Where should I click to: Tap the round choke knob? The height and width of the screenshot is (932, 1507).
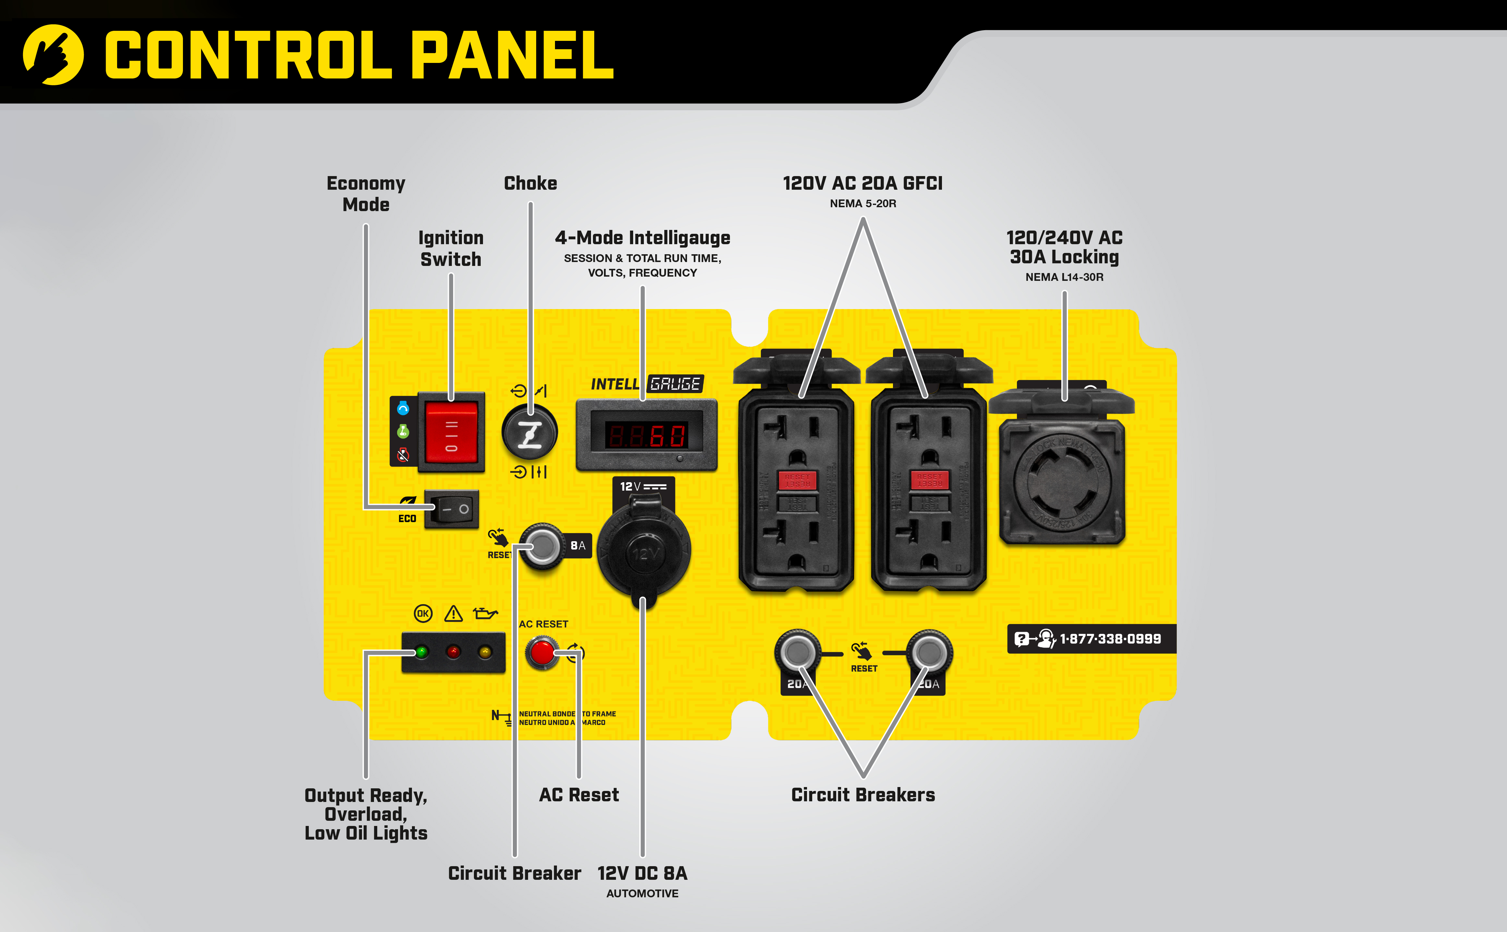click(x=529, y=432)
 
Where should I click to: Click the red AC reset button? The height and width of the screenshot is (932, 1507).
click(x=542, y=653)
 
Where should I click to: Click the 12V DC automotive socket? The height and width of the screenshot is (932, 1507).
click(x=644, y=550)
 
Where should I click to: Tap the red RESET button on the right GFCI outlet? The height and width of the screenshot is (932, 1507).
click(x=930, y=480)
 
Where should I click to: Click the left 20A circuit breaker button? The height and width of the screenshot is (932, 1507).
click(x=798, y=652)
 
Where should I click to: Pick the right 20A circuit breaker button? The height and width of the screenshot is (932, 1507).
click(x=929, y=652)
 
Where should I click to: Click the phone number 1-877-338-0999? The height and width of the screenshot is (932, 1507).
click(x=1110, y=639)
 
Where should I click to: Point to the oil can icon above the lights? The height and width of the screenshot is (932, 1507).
click(x=485, y=613)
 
